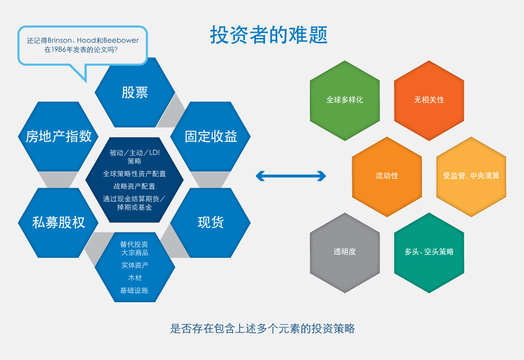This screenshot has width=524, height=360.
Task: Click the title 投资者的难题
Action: pyautogui.click(x=268, y=35)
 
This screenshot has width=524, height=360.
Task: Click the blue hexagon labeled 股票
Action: pyautogui.click(x=135, y=92)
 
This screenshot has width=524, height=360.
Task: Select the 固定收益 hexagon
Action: pyautogui.click(x=211, y=137)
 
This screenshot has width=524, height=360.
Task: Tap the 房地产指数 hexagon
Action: pyautogui.click(x=58, y=137)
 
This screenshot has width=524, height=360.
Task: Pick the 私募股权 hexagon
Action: pyautogui.click(x=58, y=222)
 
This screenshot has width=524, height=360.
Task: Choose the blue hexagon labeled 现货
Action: pyautogui.click(x=211, y=222)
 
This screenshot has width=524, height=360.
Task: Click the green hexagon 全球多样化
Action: pyautogui.click(x=345, y=100)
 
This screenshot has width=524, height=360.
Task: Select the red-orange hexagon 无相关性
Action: pyautogui.click(x=429, y=100)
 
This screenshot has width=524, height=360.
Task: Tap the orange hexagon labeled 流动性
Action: pyautogui.click(x=387, y=176)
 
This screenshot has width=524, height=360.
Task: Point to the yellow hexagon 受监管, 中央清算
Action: pyautogui.click(x=471, y=176)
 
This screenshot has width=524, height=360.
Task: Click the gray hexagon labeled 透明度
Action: pyautogui.click(x=345, y=252)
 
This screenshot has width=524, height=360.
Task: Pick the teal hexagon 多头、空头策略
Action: pyautogui.click(x=429, y=252)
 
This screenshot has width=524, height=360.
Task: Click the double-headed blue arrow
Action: pyautogui.click(x=291, y=176)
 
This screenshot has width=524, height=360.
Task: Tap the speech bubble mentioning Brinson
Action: pyautogui.click(x=82, y=45)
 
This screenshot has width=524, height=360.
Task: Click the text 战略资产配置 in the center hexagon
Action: pyautogui.click(x=134, y=186)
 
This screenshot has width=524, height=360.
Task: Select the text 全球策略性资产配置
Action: pyautogui.click(x=134, y=174)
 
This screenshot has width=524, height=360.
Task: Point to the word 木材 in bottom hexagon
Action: pyautogui.click(x=135, y=278)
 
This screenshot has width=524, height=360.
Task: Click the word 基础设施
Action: pyautogui.click(x=134, y=290)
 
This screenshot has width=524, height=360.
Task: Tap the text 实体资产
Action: pyautogui.click(x=135, y=265)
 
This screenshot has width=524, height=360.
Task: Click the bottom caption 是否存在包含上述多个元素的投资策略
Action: pyautogui.click(x=262, y=329)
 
